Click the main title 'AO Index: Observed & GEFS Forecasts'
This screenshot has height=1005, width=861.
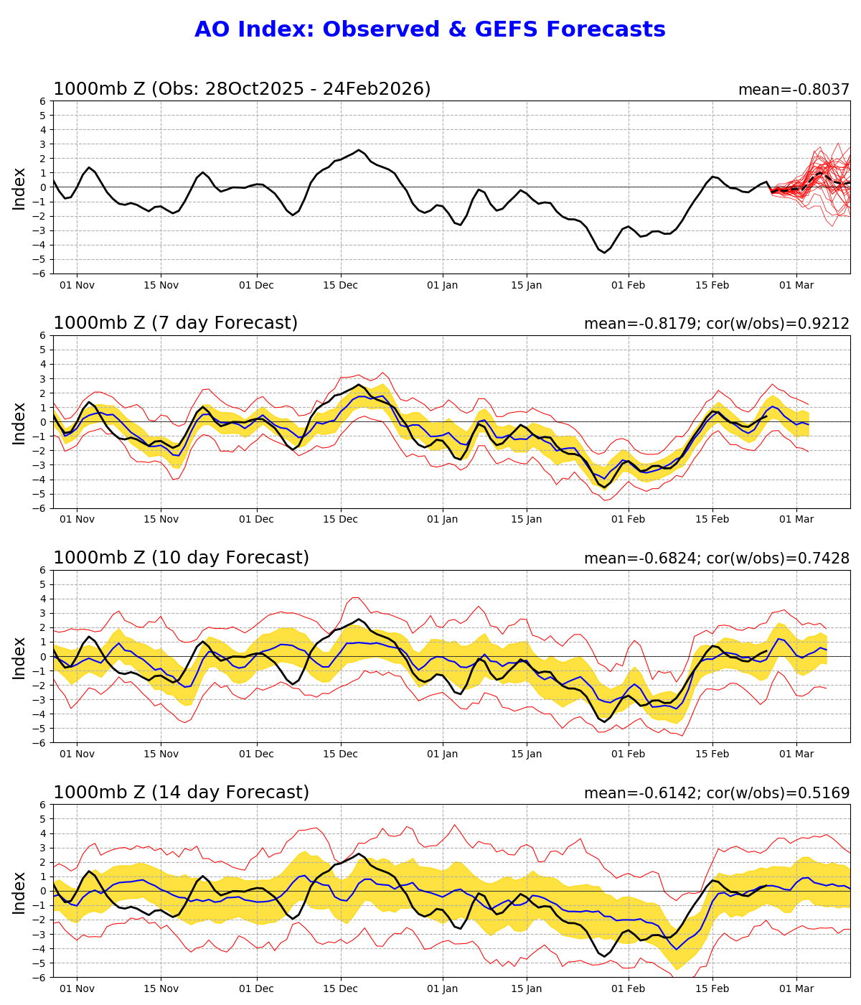[430, 29]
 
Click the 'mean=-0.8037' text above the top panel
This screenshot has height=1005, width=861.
[794, 90]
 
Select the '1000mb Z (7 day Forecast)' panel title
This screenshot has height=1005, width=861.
[175, 323]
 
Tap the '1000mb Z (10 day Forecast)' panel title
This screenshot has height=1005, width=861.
[181, 558]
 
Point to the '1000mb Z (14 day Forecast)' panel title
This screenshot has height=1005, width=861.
[181, 793]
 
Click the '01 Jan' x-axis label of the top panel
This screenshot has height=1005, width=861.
[442, 285]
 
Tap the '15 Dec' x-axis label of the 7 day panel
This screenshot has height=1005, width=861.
[340, 520]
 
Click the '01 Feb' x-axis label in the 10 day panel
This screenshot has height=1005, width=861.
[629, 754]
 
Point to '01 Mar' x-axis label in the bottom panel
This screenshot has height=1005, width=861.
[796, 989]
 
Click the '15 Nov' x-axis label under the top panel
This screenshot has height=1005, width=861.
[161, 285]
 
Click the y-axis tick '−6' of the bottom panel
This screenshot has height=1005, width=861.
[41, 977]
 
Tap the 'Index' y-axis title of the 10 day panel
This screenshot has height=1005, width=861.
[19, 657]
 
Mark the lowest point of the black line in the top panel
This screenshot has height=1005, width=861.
[604, 252]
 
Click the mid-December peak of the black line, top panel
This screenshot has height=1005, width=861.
[359, 150]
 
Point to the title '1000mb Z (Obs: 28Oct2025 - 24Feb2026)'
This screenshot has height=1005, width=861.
[242, 89]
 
